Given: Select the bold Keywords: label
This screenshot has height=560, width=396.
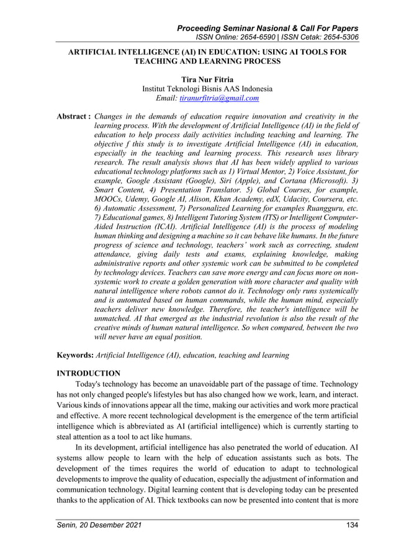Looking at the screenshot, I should (74, 355).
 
